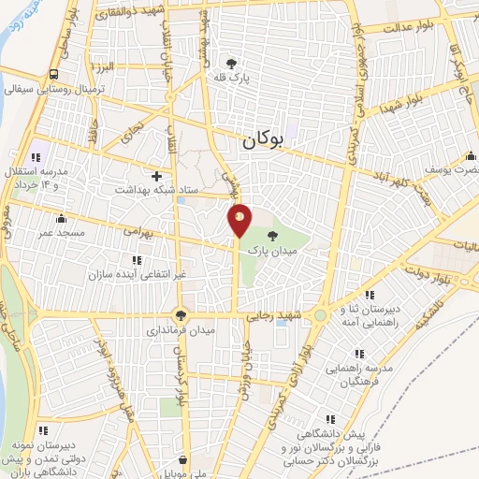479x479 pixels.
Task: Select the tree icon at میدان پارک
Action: pyautogui.click(x=272, y=236)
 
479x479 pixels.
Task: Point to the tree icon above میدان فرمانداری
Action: pyautogui.click(x=180, y=315)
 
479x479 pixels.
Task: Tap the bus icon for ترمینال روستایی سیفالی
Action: pyautogui.click(x=55, y=74)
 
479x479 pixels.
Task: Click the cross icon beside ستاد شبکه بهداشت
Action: pyautogui.click(x=156, y=175)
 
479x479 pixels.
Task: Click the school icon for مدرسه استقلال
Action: pyautogui.click(x=36, y=156)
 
